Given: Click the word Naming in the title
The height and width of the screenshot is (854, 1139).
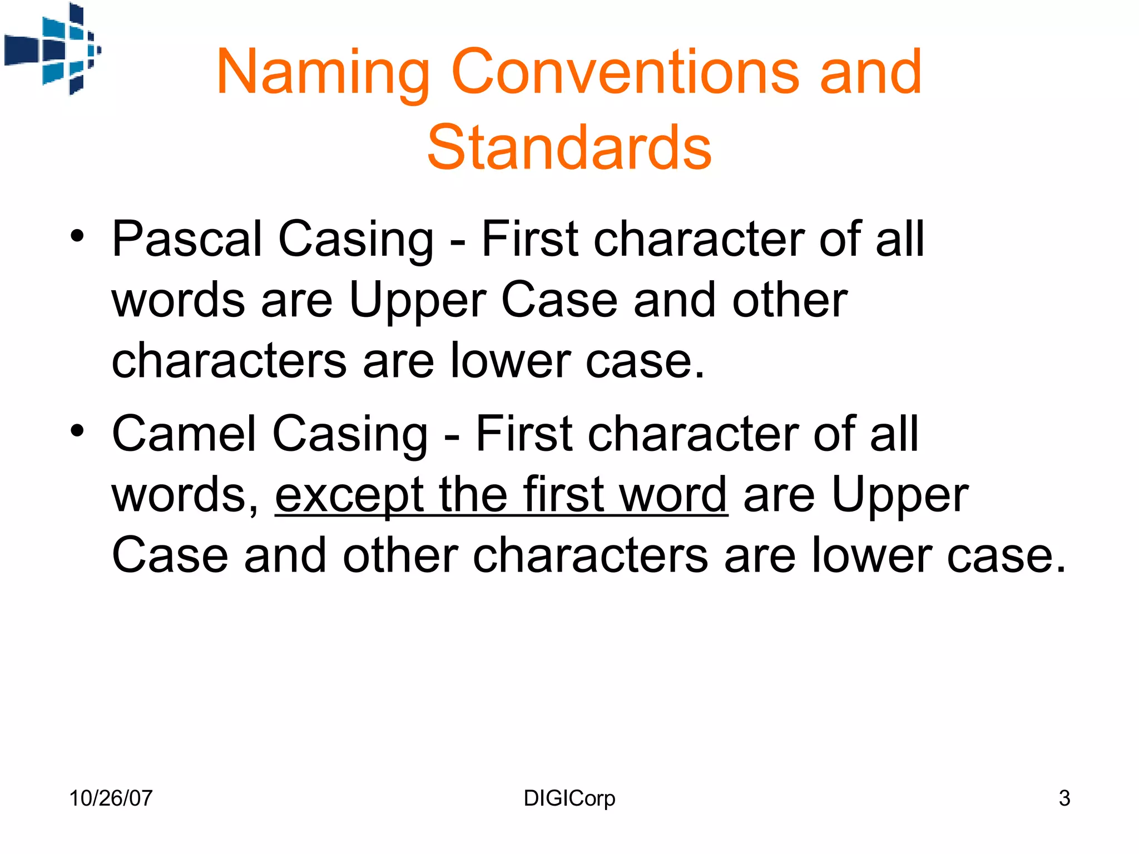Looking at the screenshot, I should [x=323, y=73].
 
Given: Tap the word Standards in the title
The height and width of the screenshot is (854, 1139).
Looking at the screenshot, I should [x=569, y=147].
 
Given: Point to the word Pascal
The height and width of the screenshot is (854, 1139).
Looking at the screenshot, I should [x=187, y=239].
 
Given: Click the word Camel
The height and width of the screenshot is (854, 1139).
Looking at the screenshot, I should [x=183, y=434].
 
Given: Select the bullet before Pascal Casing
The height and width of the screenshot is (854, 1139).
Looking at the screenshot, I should [x=77, y=236].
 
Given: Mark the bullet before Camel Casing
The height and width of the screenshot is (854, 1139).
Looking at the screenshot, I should [x=77, y=430].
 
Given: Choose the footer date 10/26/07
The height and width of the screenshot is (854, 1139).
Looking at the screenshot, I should [x=111, y=798].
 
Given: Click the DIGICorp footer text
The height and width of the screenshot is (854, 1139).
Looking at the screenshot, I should [x=569, y=798].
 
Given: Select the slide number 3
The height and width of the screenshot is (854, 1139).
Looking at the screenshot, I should [x=1064, y=798].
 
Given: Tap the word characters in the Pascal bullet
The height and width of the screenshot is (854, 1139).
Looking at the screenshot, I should [x=229, y=361].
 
